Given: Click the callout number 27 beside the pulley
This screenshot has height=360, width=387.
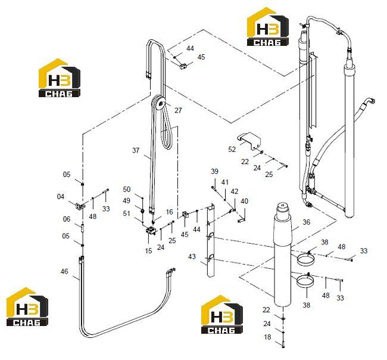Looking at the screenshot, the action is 178,110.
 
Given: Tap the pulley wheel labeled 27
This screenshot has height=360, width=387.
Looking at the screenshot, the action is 159,103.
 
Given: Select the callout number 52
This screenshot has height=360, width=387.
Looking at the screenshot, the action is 232,149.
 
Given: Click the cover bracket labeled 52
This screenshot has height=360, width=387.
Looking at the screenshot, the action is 249,141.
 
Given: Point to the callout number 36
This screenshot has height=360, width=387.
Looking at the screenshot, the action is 306,222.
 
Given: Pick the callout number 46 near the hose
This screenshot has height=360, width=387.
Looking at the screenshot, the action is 64,271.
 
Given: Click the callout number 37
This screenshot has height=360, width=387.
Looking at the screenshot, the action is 136,150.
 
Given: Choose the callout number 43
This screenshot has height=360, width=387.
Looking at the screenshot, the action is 192,256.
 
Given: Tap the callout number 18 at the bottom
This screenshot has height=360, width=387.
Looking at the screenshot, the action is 267,337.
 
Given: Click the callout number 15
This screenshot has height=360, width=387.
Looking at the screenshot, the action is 148,250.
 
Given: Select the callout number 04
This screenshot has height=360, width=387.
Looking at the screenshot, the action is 61,197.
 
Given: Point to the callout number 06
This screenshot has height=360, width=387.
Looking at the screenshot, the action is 67,219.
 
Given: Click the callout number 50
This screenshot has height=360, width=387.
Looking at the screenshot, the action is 127,190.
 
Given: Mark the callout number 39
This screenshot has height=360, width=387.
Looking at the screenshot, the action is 214,172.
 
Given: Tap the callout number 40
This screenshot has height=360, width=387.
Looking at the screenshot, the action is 244,201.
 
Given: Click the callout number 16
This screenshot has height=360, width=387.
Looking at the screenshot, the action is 169,212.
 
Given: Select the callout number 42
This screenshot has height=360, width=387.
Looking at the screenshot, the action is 235,191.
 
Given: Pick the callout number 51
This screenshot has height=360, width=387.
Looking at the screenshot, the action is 127,213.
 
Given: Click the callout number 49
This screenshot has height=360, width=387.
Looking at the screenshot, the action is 127,200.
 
